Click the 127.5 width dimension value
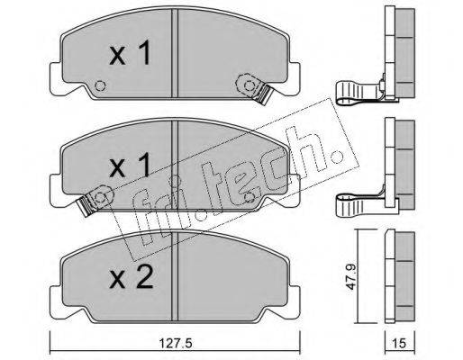click(175, 343)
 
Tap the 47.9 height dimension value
click(350, 276)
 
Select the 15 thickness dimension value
click(399, 343)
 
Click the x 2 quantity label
click(132, 278)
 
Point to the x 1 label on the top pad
click(130, 53)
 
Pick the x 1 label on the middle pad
click(130, 165)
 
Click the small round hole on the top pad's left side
click(100, 86)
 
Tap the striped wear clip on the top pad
click(263, 93)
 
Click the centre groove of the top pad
click(175, 53)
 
